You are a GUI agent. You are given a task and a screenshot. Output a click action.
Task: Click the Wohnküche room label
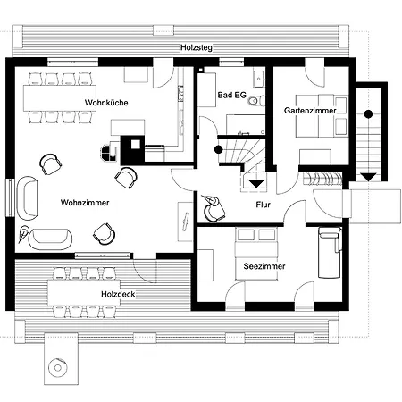[106, 103]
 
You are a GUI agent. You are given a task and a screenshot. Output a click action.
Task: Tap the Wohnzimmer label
[85, 203]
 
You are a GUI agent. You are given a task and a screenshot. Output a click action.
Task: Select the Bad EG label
[232, 96]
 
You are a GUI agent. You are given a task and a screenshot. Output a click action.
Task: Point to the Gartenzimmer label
[310, 111]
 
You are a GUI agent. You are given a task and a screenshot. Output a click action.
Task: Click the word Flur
[264, 205]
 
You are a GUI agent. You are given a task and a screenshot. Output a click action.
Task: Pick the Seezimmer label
[264, 266]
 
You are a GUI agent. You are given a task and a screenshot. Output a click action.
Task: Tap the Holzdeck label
[118, 294]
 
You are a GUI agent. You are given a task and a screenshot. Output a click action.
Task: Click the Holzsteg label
[197, 47]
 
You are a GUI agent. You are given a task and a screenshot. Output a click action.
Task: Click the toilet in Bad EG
[256, 101]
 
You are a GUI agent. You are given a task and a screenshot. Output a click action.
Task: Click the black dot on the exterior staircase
[369, 113]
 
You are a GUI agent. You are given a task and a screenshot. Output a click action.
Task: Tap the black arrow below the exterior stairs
[369, 178]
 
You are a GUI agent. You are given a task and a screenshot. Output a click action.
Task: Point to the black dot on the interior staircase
[219, 150]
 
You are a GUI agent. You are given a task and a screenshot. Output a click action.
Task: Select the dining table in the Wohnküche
[60, 98]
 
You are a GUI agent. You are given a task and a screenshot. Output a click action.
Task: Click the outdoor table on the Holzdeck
[84, 292]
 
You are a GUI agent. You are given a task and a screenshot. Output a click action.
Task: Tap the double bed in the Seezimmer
[256, 254]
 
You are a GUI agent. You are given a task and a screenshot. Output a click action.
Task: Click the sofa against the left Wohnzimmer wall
[28, 198]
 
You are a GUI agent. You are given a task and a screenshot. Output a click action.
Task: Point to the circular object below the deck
[58, 368]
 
